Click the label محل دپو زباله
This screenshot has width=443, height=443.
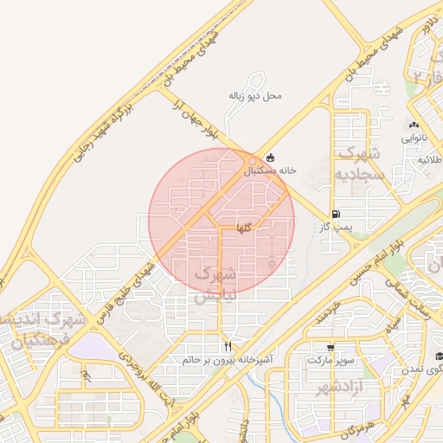[x=256, y=94]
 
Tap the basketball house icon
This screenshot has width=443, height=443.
[x=271, y=158]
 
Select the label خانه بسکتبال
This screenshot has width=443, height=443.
[x=270, y=170]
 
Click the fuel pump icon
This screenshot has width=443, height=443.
[x=335, y=214]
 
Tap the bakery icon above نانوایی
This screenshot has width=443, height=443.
[x=414, y=125]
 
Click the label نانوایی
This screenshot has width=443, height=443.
[x=414, y=138]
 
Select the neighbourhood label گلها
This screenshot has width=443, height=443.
[x=243, y=228]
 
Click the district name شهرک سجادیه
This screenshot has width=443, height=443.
[x=352, y=165]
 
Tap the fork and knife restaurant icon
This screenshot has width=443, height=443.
[x=228, y=345]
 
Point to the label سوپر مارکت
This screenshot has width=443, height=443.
[x=330, y=358]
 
